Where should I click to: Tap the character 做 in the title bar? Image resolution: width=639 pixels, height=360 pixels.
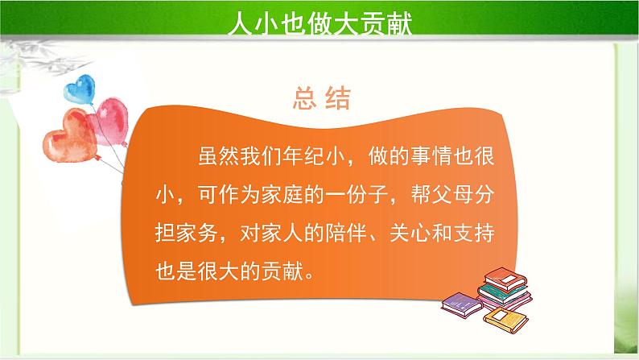click(324, 22)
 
